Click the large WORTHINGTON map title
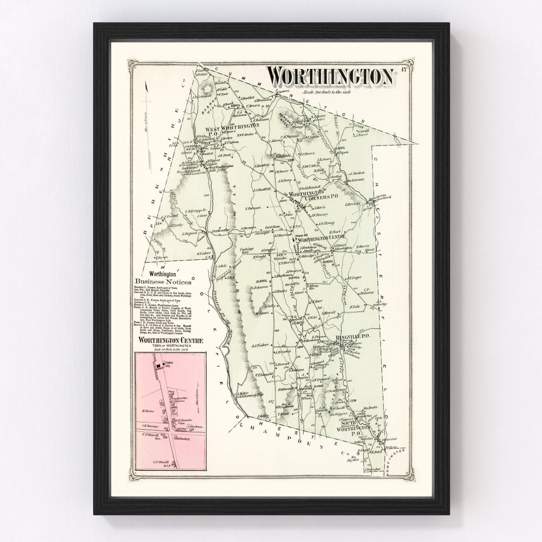tap(330, 77)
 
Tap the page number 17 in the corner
tap(403, 69)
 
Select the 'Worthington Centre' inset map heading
tap(171, 341)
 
